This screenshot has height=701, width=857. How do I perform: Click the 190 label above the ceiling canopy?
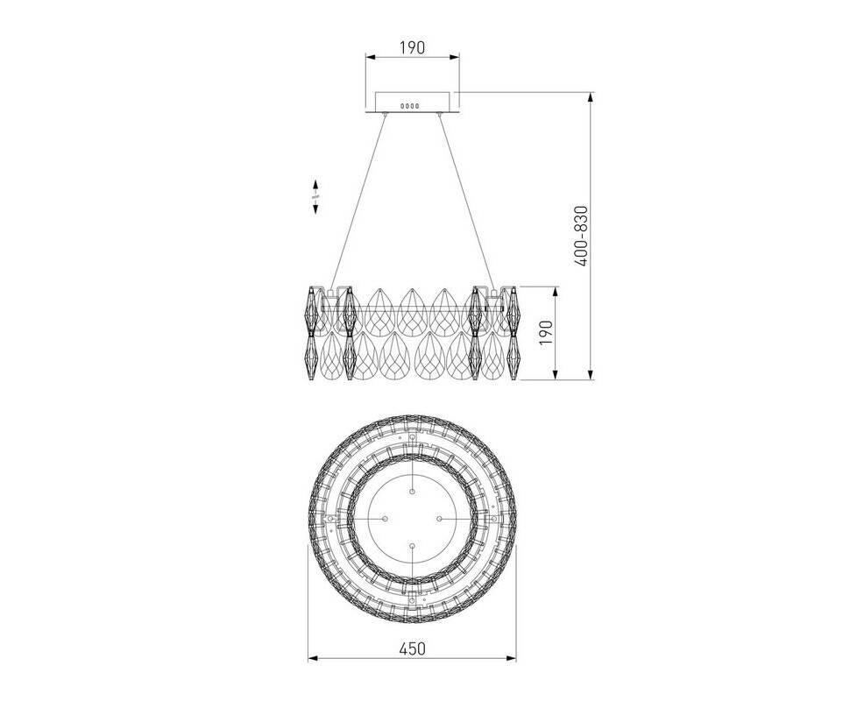click(412, 47)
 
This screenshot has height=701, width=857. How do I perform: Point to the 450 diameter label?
click(412, 648)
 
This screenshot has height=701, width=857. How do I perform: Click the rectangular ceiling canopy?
click(412, 103)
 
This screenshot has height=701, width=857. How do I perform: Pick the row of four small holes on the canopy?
click(410, 105)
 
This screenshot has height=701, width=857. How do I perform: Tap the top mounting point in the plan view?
click(412, 492)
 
